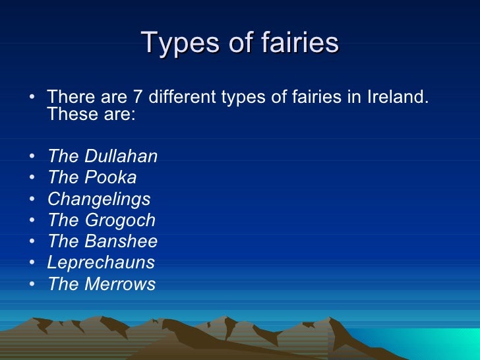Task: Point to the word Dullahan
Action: pyautogui.click(x=121, y=156)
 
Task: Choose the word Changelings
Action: pyautogui.click(x=99, y=199)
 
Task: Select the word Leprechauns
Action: pyautogui.click(x=101, y=262)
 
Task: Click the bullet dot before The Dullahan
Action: pyautogui.click(x=32, y=157)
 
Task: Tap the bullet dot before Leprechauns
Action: pyautogui.click(x=32, y=263)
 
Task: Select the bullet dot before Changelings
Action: pyautogui.click(x=32, y=200)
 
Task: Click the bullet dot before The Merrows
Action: pyautogui.click(x=32, y=285)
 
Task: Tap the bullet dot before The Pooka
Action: pyautogui.click(x=32, y=178)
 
